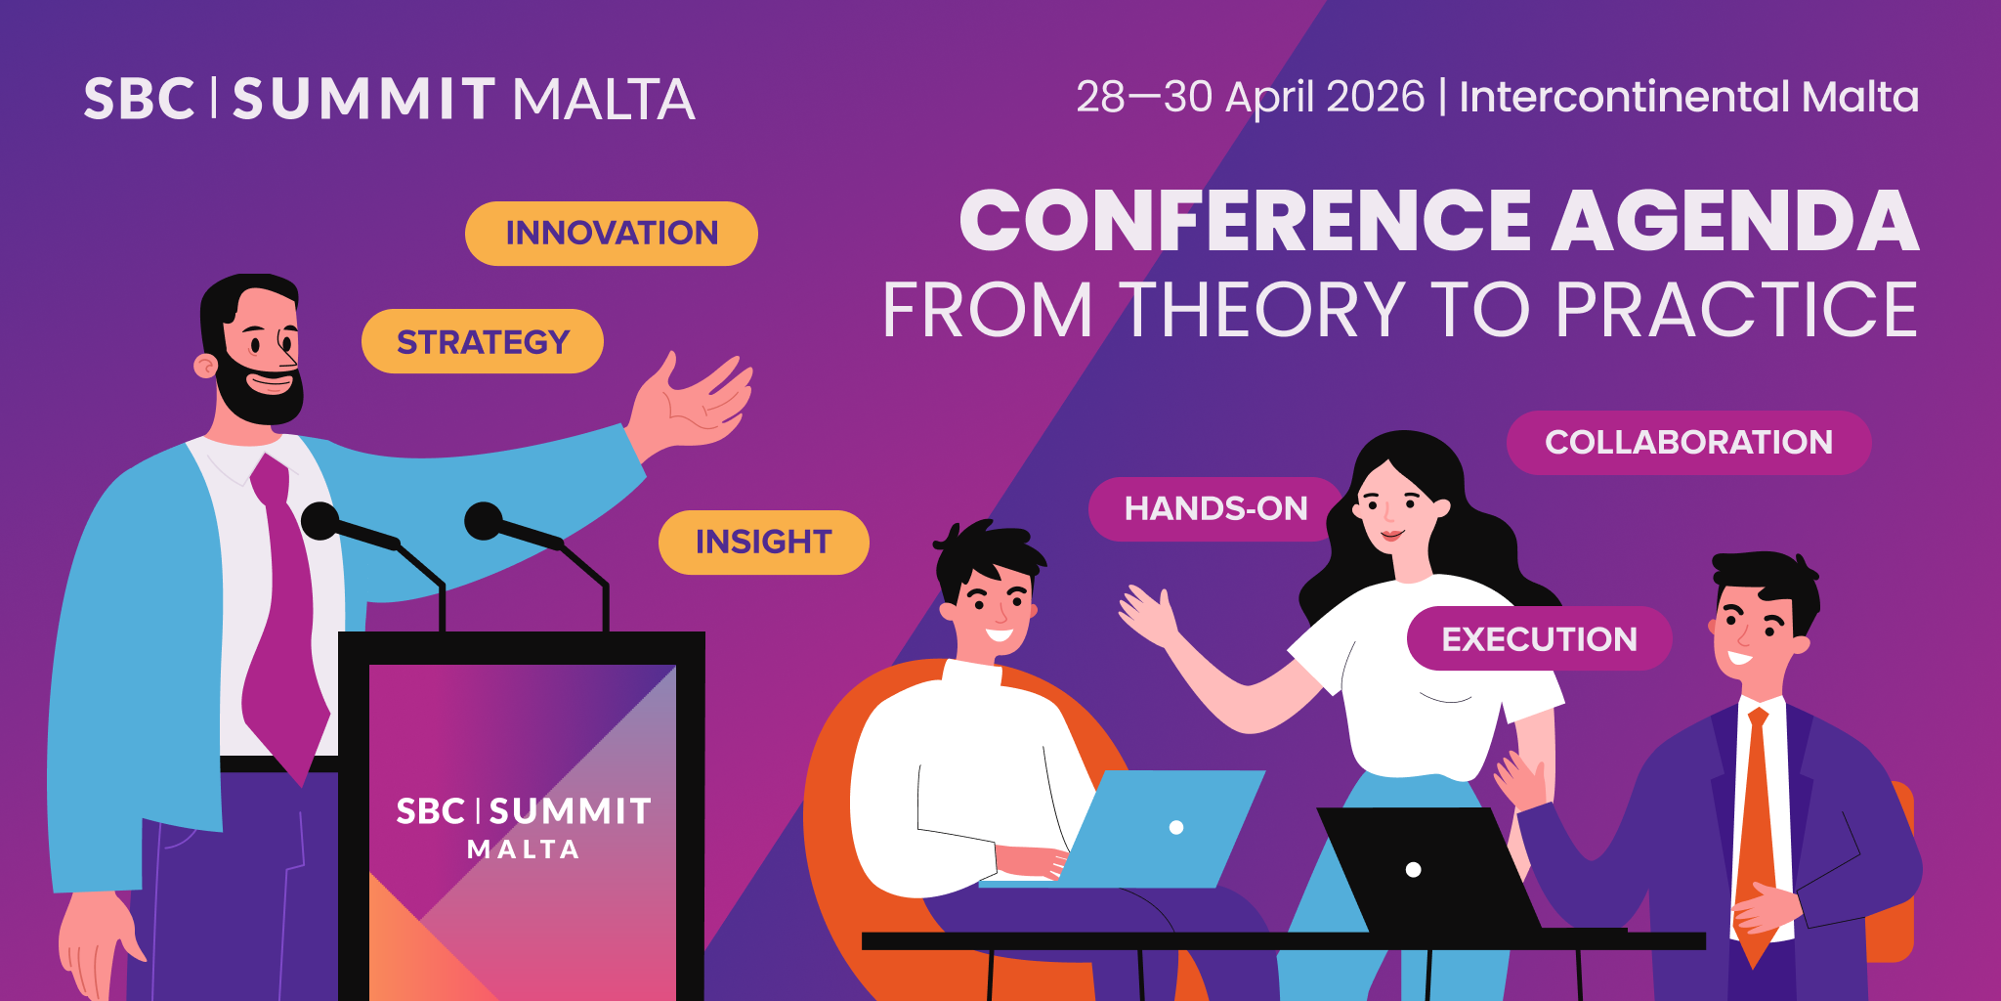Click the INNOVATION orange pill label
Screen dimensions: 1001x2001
coord(611,234)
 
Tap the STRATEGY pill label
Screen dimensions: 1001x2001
coord(483,342)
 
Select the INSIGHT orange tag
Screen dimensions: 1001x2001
coord(763,543)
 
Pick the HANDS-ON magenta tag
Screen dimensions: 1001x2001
coord(1214,509)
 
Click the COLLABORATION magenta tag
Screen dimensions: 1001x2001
coord(1688,443)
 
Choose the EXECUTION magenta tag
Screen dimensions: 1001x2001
coord(1539,639)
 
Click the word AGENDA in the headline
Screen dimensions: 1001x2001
coord(1734,222)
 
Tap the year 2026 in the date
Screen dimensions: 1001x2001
coord(1375,97)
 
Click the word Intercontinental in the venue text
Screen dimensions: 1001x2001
coord(1624,97)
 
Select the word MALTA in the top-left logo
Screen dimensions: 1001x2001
coord(603,100)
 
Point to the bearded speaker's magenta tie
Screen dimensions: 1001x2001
coord(285,626)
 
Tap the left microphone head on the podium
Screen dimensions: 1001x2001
coord(319,520)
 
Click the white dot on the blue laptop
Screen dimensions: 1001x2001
coord(1176,827)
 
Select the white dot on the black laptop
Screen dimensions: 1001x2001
coord(1413,869)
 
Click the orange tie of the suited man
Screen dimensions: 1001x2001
coord(1756,831)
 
